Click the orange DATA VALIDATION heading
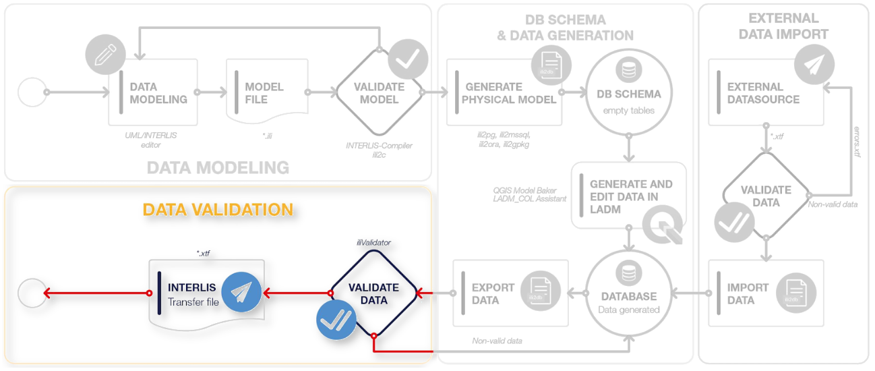coord(218,210)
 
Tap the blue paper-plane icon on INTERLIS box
coord(241,291)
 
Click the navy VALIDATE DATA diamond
coord(373,293)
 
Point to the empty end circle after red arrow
coord(31,293)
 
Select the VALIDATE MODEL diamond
coord(379,92)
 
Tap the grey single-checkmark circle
coord(408,59)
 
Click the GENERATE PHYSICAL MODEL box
coord(503,92)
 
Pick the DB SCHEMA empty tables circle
coord(628,92)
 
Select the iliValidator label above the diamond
coord(373,241)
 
